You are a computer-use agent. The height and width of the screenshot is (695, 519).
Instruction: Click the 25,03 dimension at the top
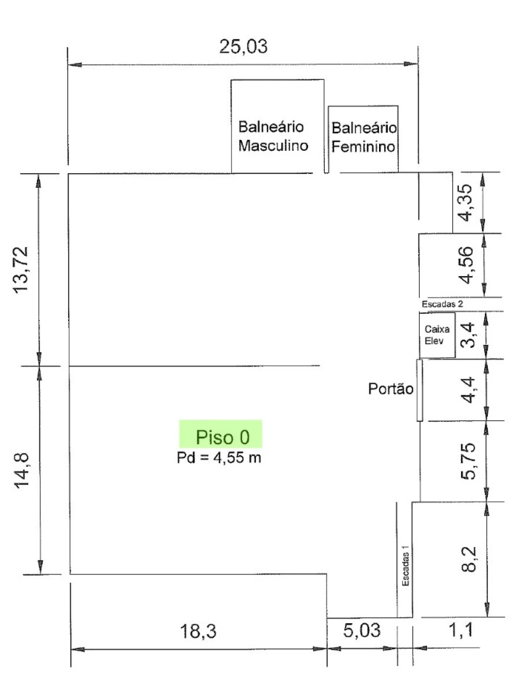coord(243,47)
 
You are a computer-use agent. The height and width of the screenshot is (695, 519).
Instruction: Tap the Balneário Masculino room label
coord(273,136)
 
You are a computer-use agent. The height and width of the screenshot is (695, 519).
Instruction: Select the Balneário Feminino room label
coord(364,137)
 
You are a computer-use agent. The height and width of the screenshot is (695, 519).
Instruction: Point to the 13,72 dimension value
coord(21,270)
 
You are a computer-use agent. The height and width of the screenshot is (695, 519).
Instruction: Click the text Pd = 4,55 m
coord(219,457)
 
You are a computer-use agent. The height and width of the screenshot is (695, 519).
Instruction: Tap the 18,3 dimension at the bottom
coord(198,631)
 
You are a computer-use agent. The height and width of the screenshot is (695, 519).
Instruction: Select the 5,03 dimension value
coord(362,630)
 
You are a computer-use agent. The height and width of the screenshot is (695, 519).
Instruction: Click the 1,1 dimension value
coord(461,630)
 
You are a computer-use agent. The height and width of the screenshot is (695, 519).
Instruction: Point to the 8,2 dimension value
coord(470,559)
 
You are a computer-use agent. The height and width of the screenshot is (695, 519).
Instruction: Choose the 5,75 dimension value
coord(469,461)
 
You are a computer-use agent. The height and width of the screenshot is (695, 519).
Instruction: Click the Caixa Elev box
coord(437,335)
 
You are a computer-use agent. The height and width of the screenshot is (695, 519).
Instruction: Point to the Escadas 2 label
coord(442,304)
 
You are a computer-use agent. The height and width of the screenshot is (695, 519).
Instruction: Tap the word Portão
coord(390,389)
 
